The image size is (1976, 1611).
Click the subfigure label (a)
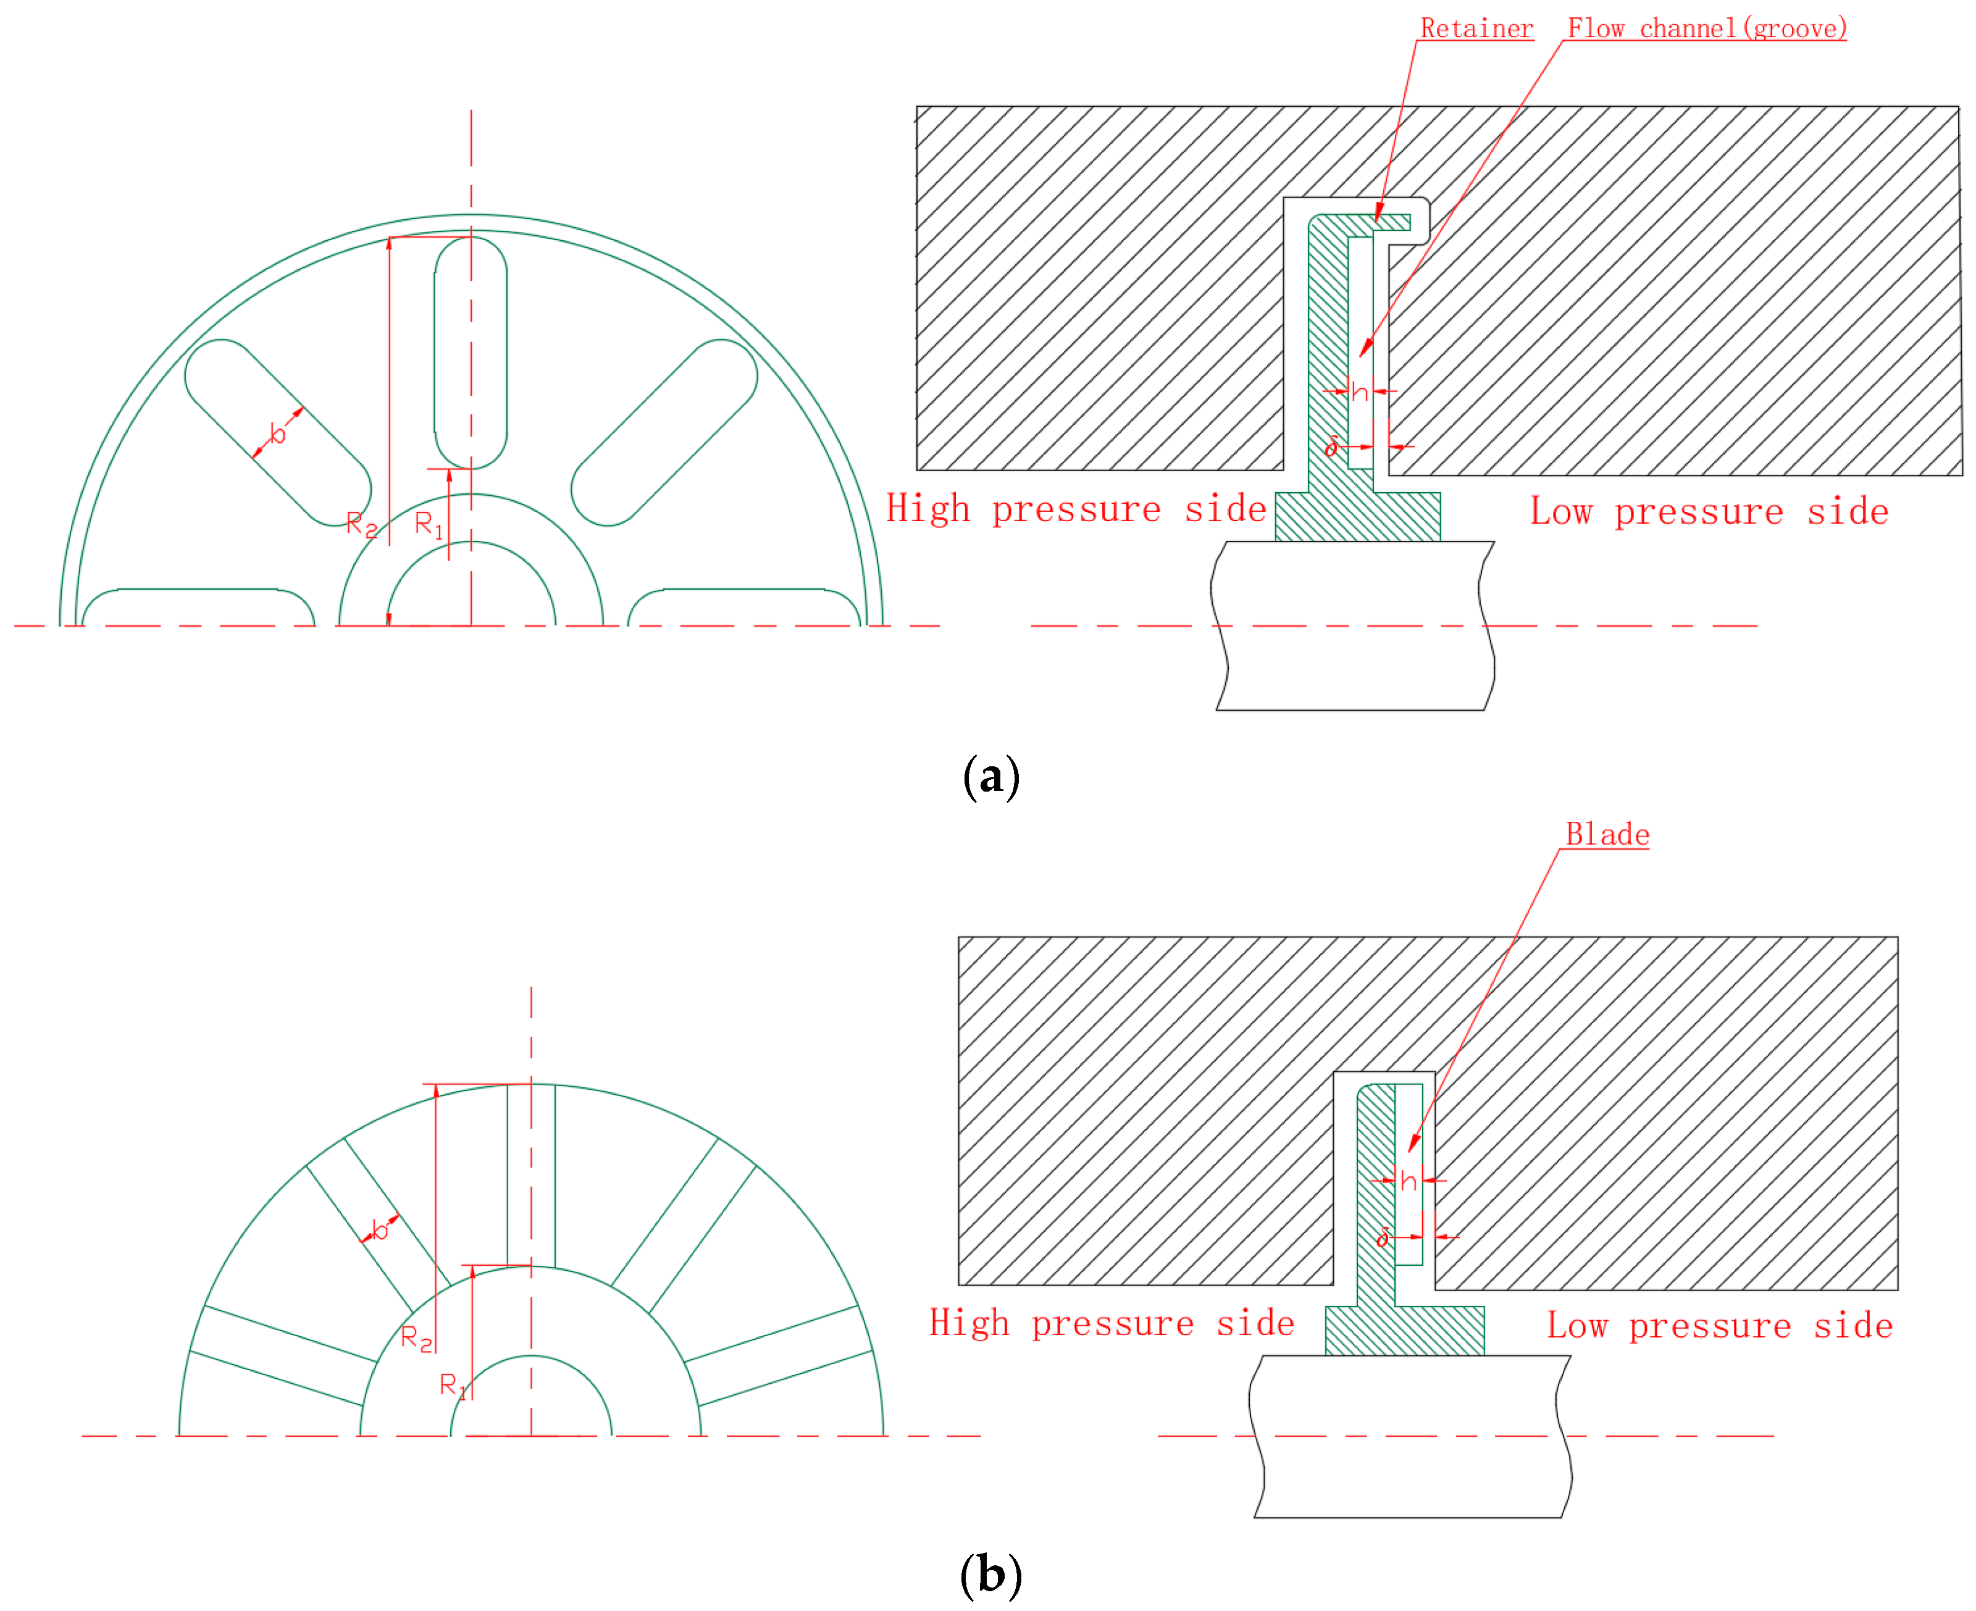[x=990, y=776]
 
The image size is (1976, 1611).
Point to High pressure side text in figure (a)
[x=1075, y=509]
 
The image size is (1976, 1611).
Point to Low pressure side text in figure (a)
[x=1708, y=511]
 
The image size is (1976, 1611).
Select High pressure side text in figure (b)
[x=1111, y=1323]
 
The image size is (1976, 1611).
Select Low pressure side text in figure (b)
[x=1719, y=1325]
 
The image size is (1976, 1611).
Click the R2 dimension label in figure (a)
[x=361, y=524]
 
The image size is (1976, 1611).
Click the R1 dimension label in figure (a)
[x=428, y=524]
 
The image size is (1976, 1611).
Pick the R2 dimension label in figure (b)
[x=416, y=1338]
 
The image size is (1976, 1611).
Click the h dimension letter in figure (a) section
[x=1358, y=393]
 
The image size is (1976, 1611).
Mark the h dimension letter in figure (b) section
[x=1407, y=1181]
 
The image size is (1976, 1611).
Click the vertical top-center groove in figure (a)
[x=470, y=353]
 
